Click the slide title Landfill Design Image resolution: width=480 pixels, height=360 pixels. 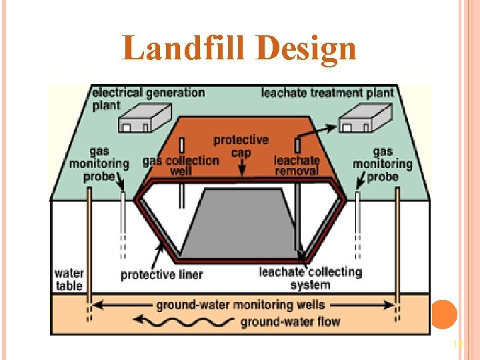pos(239,49)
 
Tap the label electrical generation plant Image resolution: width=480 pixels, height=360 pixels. pos(148,98)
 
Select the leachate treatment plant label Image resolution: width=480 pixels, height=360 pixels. pos(327,93)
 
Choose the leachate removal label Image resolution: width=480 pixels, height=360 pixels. pos(297,166)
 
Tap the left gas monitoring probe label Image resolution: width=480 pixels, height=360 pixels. pos(99,163)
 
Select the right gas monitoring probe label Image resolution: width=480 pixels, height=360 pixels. pos(382,163)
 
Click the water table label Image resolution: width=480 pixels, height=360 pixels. pos(69,279)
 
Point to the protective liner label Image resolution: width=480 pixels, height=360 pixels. pos(161,274)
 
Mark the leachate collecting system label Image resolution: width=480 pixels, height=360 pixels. pos(310,278)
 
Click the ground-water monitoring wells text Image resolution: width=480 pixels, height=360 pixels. pos(241,305)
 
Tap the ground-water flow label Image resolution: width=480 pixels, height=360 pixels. pos(290,322)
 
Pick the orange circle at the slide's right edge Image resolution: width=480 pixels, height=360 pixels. pos(444,313)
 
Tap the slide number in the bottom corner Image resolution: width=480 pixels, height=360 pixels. pos(457,344)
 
